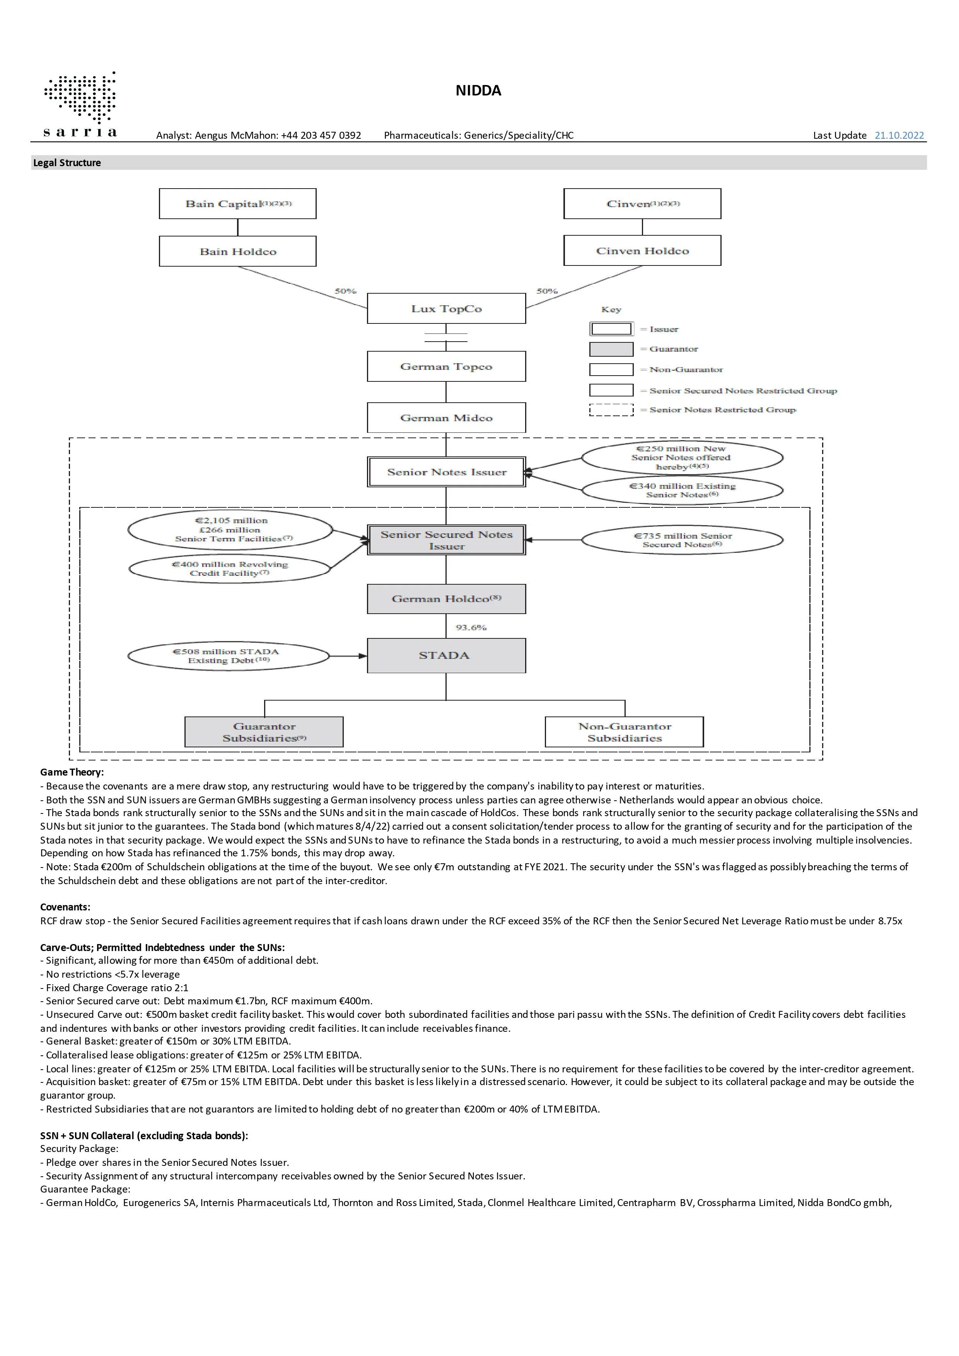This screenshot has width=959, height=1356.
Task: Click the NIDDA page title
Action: [478, 90]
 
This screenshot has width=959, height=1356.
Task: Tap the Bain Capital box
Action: [237, 204]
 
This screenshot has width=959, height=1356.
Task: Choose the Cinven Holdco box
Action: [642, 250]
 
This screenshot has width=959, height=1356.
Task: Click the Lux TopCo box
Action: [446, 308]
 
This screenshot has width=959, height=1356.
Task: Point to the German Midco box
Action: [446, 418]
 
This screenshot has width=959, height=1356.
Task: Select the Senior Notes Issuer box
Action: [446, 472]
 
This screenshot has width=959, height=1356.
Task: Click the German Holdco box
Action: [446, 599]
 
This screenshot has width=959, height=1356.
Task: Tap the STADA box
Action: [446, 655]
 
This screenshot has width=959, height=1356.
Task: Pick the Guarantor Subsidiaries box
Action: [264, 732]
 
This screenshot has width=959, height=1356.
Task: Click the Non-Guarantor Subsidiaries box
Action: [625, 732]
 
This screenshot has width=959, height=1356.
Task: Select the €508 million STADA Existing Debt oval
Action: [228, 656]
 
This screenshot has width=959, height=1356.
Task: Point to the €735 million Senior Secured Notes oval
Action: [683, 540]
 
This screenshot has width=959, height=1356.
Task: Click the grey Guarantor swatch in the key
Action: [611, 349]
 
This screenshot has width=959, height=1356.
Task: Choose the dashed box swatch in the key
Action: [611, 410]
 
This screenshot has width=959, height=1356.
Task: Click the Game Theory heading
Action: [72, 772]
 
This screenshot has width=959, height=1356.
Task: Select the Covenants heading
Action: [65, 907]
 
